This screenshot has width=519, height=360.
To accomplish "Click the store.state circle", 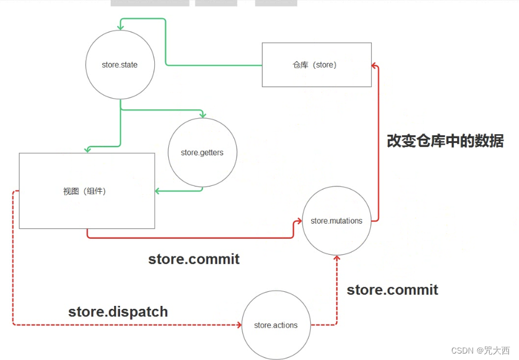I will (x=120, y=65).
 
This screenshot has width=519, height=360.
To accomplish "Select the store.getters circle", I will (x=202, y=152).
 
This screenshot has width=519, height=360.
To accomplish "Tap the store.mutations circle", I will (x=337, y=221).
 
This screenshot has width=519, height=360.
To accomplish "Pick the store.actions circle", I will (x=275, y=325).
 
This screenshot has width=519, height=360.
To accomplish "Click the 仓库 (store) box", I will (x=317, y=65).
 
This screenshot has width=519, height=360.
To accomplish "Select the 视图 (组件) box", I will (x=87, y=191).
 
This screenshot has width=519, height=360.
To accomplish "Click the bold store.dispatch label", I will (x=118, y=312).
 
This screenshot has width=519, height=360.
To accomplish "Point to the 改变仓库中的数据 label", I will (x=445, y=141).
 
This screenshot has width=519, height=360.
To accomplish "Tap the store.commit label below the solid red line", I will (x=194, y=259).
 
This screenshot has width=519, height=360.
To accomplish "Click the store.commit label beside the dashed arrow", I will (x=392, y=290).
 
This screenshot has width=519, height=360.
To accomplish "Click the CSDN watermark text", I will (x=480, y=351).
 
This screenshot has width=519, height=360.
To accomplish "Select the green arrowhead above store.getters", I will (x=202, y=114).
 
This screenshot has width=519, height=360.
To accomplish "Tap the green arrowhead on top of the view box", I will (x=87, y=149).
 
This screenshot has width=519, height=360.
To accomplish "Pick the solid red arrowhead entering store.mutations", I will (x=298, y=222).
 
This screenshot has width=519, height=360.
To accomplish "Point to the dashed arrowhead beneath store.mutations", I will (x=337, y=259).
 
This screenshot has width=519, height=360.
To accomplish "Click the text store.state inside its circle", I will (x=119, y=65).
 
